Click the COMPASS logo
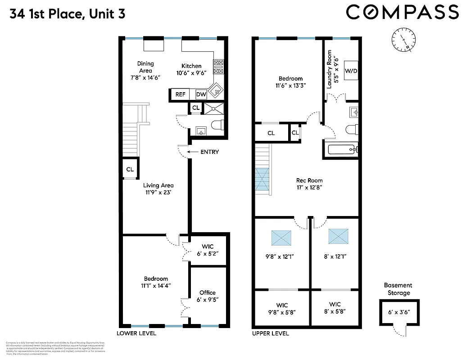tap(402, 13)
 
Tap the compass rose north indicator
tap(403, 40)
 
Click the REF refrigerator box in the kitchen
tap(180, 94)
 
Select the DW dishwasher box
tap(201, 94)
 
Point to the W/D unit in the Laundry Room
tap(351, 71)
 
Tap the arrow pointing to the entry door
tap(192, 152)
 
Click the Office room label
tap(207, 292)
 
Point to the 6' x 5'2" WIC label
tap(208, 254)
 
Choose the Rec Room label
tap(309, 180)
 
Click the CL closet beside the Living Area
tap(130, 170)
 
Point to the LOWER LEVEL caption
tap(136, 333)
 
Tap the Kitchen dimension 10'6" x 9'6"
tap(191, 73)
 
